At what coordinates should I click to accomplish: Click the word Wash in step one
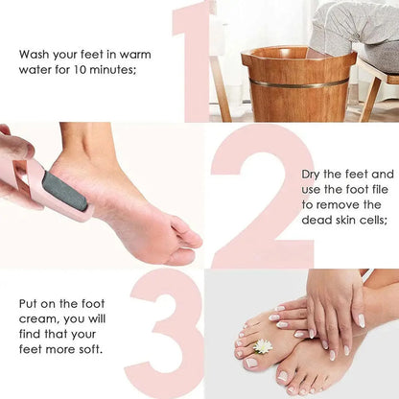(x=35, y=54)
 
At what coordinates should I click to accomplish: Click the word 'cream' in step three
(x=38, y=318)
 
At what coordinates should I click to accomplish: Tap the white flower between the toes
(x=263, y=345)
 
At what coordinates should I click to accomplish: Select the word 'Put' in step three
(x=29, y=303)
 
